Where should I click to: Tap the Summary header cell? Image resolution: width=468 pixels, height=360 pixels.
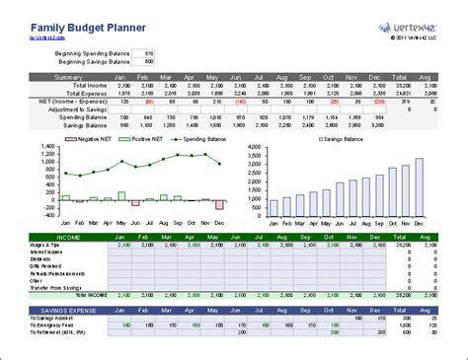click(69, 75)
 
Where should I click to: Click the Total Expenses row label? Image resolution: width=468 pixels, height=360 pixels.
click(85, 92)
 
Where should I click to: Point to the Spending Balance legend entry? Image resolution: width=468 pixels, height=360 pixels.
click(196, 140)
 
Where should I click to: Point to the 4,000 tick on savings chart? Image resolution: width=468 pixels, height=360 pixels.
click(253, 148)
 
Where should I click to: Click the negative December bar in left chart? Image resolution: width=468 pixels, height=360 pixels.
click(219, 204)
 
